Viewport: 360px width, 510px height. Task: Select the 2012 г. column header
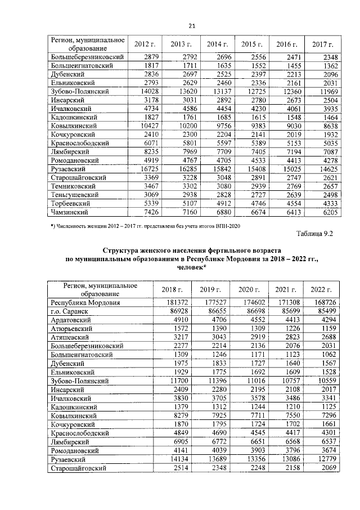[x=145, y=44]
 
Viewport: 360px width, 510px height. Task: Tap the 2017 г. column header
[x=322, y=44]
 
